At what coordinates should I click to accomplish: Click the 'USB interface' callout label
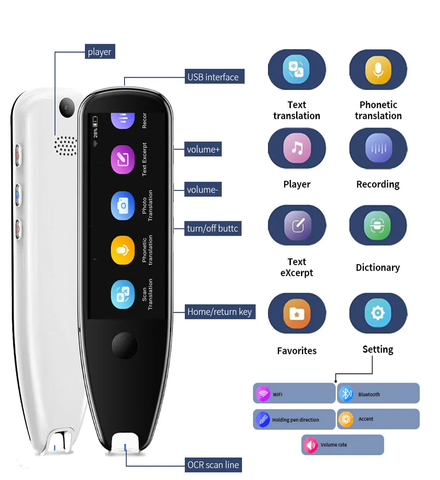(213, 77)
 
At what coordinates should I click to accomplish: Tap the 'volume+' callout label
(203, 149)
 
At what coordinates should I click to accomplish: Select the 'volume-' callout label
(202, 190)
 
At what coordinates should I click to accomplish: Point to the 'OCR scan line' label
(213, 465)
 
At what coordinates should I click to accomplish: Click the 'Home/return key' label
(220, 312)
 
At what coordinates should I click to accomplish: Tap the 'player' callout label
(99, 52)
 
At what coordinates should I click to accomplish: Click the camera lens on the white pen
(67, 107)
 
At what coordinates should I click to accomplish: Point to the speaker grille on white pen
(66, 145)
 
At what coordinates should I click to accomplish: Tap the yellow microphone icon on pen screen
(123, 250)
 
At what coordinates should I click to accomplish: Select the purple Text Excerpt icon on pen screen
(123, 160)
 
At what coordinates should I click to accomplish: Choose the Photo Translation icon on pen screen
(123, 205)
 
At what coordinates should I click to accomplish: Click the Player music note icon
(297, 148)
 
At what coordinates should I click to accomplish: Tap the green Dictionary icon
(378, 225)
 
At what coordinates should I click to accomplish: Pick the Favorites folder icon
(297, 313)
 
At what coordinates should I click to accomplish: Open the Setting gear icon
(378, 313)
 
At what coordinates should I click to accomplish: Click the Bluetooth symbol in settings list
(347, 394)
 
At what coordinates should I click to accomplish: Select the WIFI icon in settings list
(263, 394)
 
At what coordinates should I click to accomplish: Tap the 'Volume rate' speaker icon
(311, 445)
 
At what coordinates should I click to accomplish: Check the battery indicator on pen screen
(95, 120)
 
